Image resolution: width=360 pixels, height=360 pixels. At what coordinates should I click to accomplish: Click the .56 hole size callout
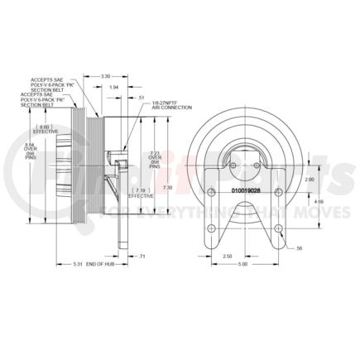pyautogui.click(x=300, y=247)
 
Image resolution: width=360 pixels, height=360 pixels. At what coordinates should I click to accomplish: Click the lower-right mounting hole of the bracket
pyautogui.click(x=277, y=229)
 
